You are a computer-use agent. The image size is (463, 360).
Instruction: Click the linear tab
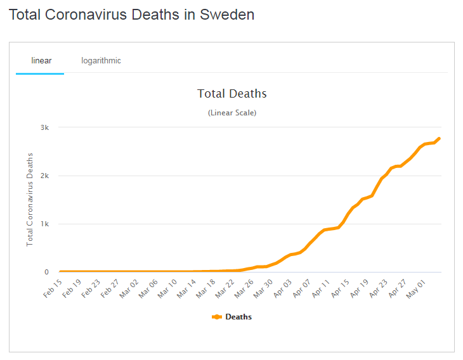41,61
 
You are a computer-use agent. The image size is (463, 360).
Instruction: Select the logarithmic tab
101,61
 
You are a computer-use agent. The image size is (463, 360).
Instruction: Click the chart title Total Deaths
232,94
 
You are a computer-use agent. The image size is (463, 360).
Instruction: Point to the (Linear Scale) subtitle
232,113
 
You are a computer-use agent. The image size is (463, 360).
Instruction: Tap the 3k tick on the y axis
44,127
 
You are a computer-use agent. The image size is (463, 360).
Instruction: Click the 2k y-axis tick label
44,176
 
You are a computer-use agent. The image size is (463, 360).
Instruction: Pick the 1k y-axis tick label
44,224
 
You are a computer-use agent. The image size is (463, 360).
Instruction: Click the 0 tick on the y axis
46,273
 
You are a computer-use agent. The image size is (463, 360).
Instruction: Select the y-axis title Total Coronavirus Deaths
30,200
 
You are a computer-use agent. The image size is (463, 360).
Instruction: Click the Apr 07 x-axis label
300,288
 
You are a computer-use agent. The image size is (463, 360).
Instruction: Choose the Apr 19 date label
357,288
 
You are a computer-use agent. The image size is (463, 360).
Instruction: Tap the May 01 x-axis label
414,288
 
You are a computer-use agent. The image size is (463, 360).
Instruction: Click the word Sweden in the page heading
227,15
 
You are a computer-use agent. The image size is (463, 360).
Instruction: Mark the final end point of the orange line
439,138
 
